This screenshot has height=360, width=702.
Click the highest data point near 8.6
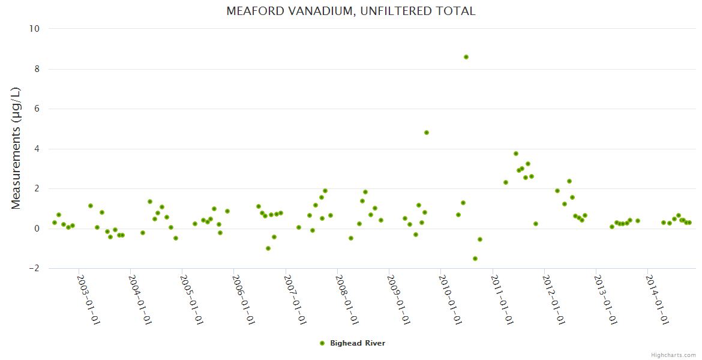tap(466, 57)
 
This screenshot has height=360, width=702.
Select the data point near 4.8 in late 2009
tap(427, 133)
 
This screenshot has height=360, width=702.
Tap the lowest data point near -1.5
tap(475, 259)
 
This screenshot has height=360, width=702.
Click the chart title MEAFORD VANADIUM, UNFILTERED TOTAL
tap(351, 11)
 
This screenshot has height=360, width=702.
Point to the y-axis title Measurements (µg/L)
tap(16, 148)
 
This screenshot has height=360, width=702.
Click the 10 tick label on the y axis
tap(34, 29)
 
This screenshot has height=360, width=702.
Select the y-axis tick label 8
tap(37, 69)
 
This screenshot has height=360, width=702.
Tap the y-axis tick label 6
tap(37, 109)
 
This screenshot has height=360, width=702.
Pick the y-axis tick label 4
tap(37, 149)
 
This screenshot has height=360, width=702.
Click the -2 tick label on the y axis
tap(34, 269)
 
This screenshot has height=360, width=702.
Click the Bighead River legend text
tap(358, 343)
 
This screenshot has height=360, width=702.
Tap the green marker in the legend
tap(322, 343)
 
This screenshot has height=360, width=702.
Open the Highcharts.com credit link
tap(673, 355)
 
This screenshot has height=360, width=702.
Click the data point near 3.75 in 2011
tap(516, 154)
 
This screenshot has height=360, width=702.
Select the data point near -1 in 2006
tap(268, 248)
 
